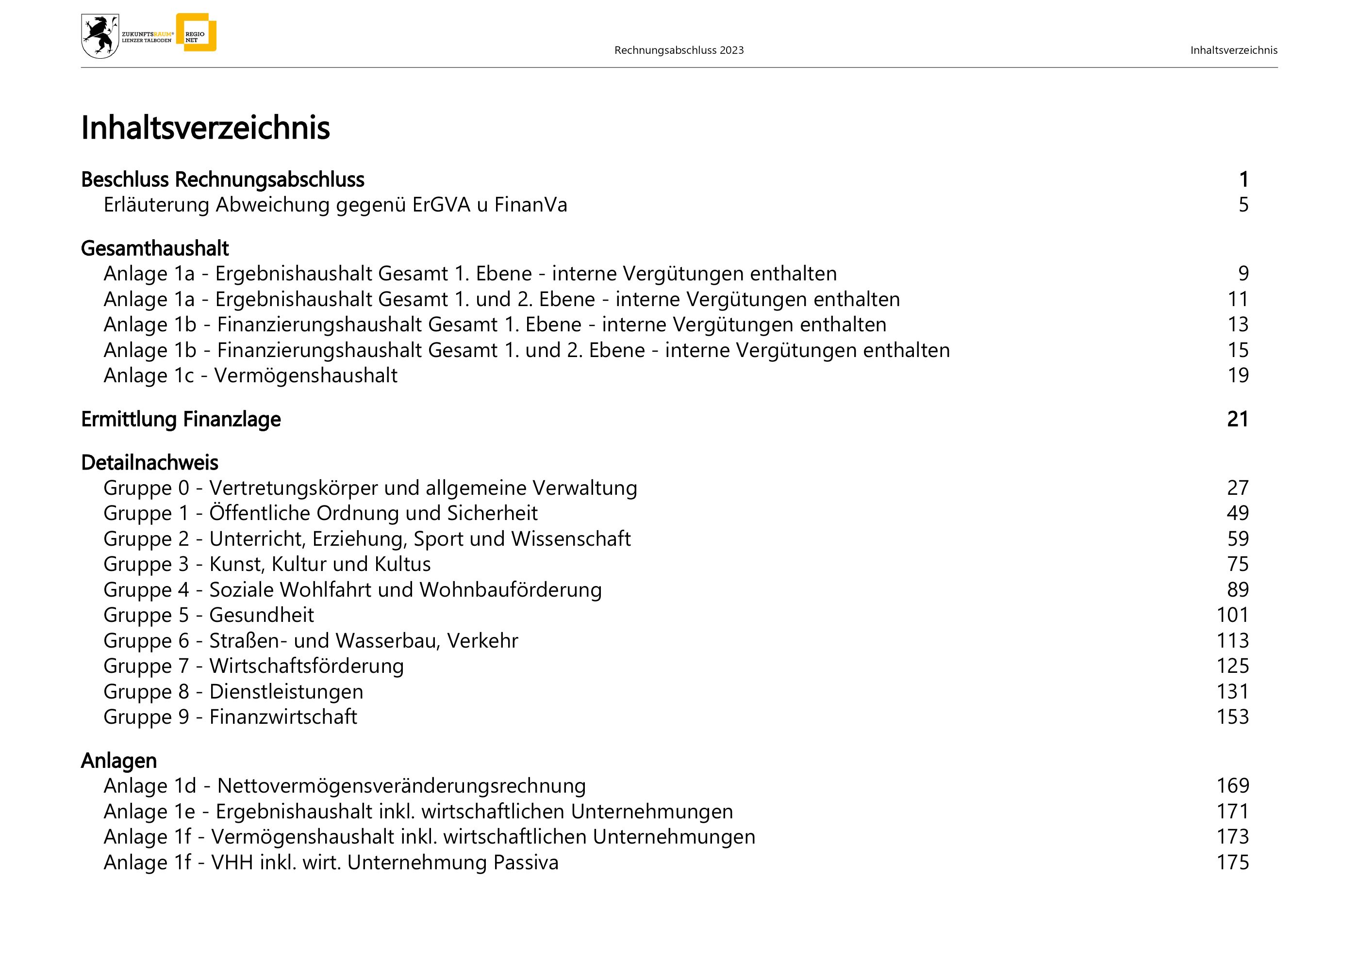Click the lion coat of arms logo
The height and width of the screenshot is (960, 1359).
(x=100, y=36)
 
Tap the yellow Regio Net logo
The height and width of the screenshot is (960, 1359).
(x=196, y=33)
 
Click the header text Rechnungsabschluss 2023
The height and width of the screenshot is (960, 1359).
(x=679, y=50)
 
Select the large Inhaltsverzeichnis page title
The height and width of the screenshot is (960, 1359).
(x=205, y=128)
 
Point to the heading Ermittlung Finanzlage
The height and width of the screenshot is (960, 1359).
(x=181, y=420)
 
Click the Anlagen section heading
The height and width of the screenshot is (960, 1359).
(x=118, y=761)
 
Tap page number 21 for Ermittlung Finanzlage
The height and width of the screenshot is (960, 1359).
(x=1238, y=420)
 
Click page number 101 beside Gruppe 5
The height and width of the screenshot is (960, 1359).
(x=1232, y=615)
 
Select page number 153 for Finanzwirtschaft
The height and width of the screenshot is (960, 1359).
(x=1232, y=717)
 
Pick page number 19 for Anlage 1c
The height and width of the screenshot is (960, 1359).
(x=1238, y=375)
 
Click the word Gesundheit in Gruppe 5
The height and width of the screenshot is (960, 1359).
(x=262, y=615)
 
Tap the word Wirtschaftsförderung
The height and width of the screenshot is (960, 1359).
(x=307, y=666)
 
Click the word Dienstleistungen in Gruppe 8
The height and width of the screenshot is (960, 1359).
(x=286, y=691)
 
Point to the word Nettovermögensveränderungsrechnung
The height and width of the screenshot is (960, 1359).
(x=401, y=786)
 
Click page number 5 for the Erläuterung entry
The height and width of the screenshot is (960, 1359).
(x=1243, y=205)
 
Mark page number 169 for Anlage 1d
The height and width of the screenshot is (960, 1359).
(x=1232, y=786)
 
